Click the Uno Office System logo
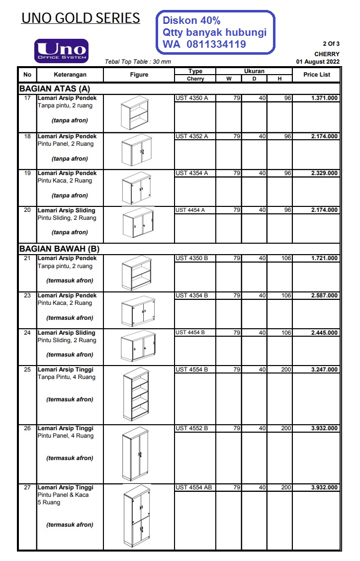(x=61, y=51)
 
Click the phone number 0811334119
(x=216, y=44)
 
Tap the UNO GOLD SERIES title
(x=81, y=18)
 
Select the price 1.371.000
(x=324, y=98)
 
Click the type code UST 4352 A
(x=191, y=136)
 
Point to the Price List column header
(x=317, y=75)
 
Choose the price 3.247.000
(x=324, y=370)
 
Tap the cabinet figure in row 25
(x=136, y=395)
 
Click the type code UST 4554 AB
(x=193, y=487)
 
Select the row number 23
(x=27, y=295)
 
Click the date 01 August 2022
(x=318, y=62)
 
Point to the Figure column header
(x=139, y=75)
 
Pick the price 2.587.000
(x=324, y=295)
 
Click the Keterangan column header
(x=70, y=75)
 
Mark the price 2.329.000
(x=324, y=173)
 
